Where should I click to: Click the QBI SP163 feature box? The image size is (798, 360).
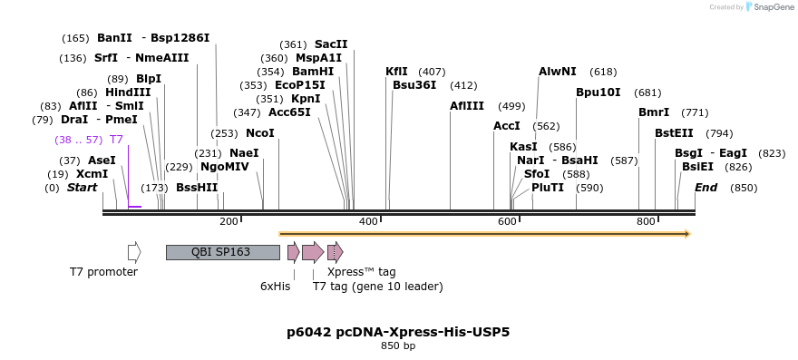pos(222,252)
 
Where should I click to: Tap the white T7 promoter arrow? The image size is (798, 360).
pos(134,252)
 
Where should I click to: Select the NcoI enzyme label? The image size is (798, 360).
pos(259,133)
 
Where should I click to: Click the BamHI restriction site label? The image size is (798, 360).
pos(313,72)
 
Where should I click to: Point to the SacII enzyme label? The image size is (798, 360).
pos(331,44)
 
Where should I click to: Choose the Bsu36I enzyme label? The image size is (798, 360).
pos(414,85)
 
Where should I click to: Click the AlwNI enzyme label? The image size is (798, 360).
pos(557,72)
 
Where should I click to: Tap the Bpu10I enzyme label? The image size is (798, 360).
pos(598,92)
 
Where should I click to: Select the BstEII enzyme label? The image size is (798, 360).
pos(674,133)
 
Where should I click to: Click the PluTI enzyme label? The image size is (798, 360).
pos(548,188)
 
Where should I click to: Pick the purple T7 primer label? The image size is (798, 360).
pos(116,140)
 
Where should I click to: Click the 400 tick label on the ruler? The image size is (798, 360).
pos(368,221)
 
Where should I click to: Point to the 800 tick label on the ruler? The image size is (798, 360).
pos(646,221)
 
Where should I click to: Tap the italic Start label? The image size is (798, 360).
pos(82,188)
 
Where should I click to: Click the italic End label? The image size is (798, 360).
pos(706,188)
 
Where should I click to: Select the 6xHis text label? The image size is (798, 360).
pos(275,287)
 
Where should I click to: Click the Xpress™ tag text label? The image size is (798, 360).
pos(361,271)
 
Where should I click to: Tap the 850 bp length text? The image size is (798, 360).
pos(398,345)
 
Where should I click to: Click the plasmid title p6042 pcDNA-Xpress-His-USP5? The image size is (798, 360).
pos(398,332)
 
